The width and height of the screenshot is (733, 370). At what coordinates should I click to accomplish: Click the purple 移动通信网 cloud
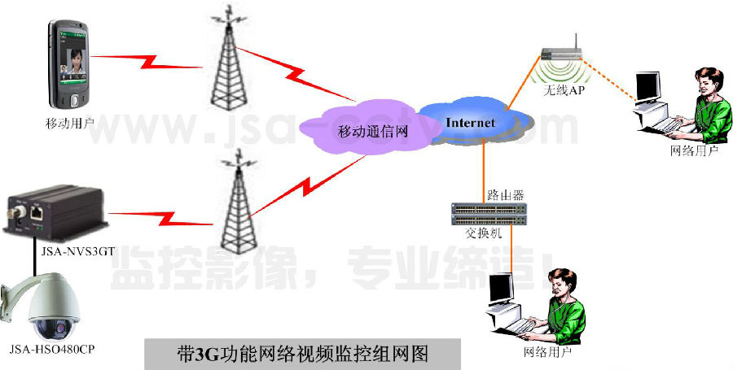tap(362, 130)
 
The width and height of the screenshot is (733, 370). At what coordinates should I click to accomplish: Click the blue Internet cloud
tap(472, 122)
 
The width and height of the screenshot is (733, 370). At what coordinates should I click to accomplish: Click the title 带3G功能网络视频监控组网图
tap(302, 355)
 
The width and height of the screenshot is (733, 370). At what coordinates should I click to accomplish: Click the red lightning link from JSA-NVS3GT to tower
tap(163, 217)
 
